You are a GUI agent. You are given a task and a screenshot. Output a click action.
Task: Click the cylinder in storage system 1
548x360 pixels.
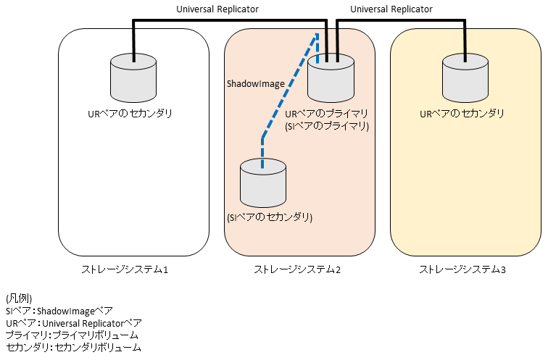(x=133, y=78)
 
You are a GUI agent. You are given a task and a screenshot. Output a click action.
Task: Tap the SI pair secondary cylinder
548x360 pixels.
(x=262, y=184)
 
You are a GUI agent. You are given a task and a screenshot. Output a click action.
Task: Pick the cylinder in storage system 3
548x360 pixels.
(x=465, y=78)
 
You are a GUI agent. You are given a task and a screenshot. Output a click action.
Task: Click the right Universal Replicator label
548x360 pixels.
(x=391, y=9)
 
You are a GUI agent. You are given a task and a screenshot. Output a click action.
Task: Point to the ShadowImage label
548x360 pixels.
(x=256, y=84)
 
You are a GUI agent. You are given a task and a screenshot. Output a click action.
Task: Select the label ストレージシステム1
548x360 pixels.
(x=125, y=270)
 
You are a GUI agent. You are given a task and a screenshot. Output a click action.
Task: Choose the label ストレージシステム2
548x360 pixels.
(x=297, y=270)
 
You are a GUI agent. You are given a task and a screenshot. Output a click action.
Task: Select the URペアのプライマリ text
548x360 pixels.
(x=327, y=114)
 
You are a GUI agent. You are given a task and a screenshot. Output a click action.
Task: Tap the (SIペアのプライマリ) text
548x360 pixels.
(x=328, y=125)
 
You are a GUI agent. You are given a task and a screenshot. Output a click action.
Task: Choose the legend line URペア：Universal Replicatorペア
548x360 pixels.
(x=73, y=323)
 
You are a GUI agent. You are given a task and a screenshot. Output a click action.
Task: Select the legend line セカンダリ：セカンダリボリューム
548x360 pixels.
(x=72, y=348)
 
